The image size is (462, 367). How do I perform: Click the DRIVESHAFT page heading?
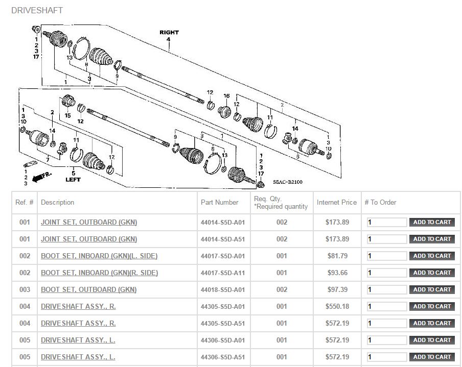pos(37,10)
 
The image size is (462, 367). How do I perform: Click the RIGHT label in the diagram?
pos(169,32)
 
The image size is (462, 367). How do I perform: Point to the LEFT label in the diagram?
pos(74,180)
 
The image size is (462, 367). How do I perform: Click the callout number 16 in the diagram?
pos(226,96)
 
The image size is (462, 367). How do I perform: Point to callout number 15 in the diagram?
pos(67,116)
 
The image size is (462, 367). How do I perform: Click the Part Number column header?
pos(219,202)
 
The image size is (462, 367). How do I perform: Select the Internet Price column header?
pos(337,202)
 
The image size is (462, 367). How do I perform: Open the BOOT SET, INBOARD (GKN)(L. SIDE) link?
pos(99,256)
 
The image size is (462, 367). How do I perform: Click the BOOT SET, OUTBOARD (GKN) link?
pos(89,289)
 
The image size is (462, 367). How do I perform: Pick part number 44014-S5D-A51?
pos(223,239)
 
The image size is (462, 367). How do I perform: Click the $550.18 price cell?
pos(337,306)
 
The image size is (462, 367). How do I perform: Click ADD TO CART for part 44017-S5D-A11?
pos(432,273)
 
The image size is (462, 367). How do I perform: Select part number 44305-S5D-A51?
pos(223,323)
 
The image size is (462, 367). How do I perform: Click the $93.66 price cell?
pos(337,273)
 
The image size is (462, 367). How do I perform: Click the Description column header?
pos(57,202)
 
